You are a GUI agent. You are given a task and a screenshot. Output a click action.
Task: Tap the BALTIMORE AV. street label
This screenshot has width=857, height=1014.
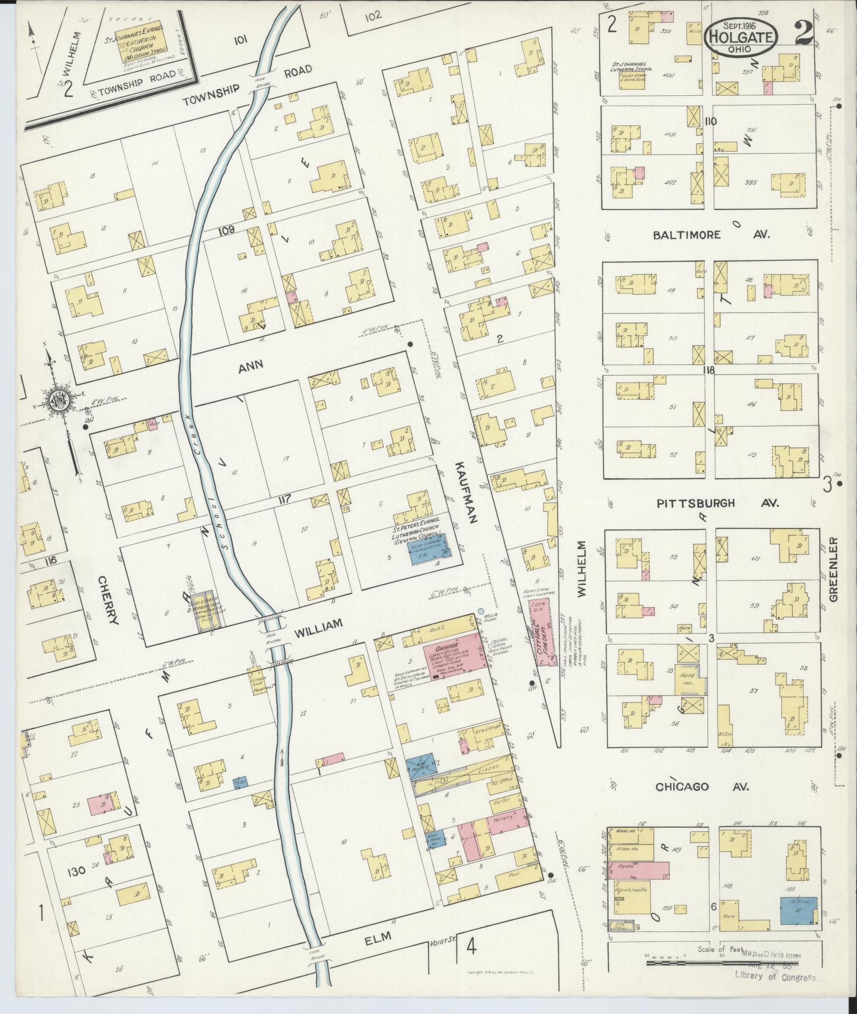point(711,235)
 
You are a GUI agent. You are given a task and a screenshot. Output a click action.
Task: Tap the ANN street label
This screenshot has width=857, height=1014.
point(251,367)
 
